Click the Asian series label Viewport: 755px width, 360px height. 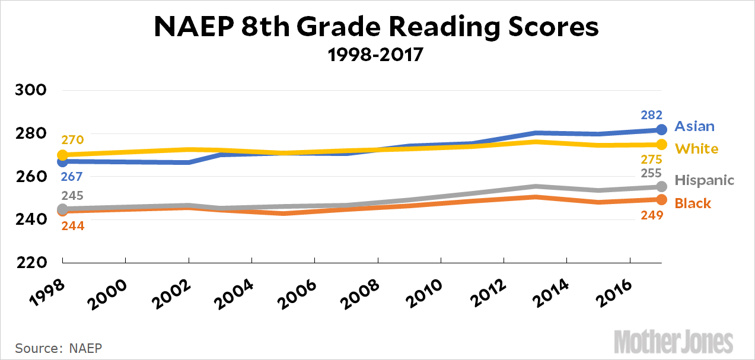click(695, 126)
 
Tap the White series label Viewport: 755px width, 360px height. click(697, 148)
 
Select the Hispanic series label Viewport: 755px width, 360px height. click(705, 180)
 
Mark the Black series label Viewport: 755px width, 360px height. click(693, 203)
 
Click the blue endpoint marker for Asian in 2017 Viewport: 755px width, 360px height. click(662, 129)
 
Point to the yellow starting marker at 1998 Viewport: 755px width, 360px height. click(62, 155)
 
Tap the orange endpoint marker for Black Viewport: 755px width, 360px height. click(662, 200)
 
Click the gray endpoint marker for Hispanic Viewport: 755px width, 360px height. click(662, 187)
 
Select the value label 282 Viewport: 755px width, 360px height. click(651, 115)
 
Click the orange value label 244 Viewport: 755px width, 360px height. click(73, 225)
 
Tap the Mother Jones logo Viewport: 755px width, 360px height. click(674, 343)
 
